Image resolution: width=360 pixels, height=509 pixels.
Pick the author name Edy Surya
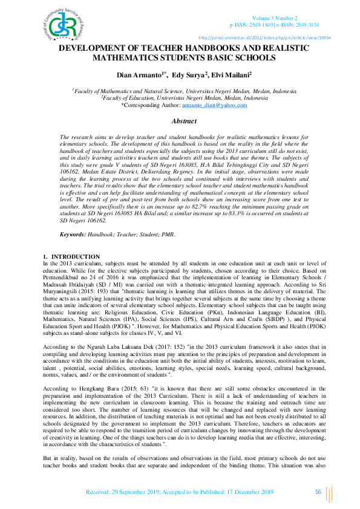[x=189, y=74]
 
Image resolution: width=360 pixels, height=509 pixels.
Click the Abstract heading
[x=185, y=122]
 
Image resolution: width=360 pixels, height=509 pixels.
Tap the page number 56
[x=318, y=491]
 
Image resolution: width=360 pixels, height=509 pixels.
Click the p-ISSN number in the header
[x=252, y=25]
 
